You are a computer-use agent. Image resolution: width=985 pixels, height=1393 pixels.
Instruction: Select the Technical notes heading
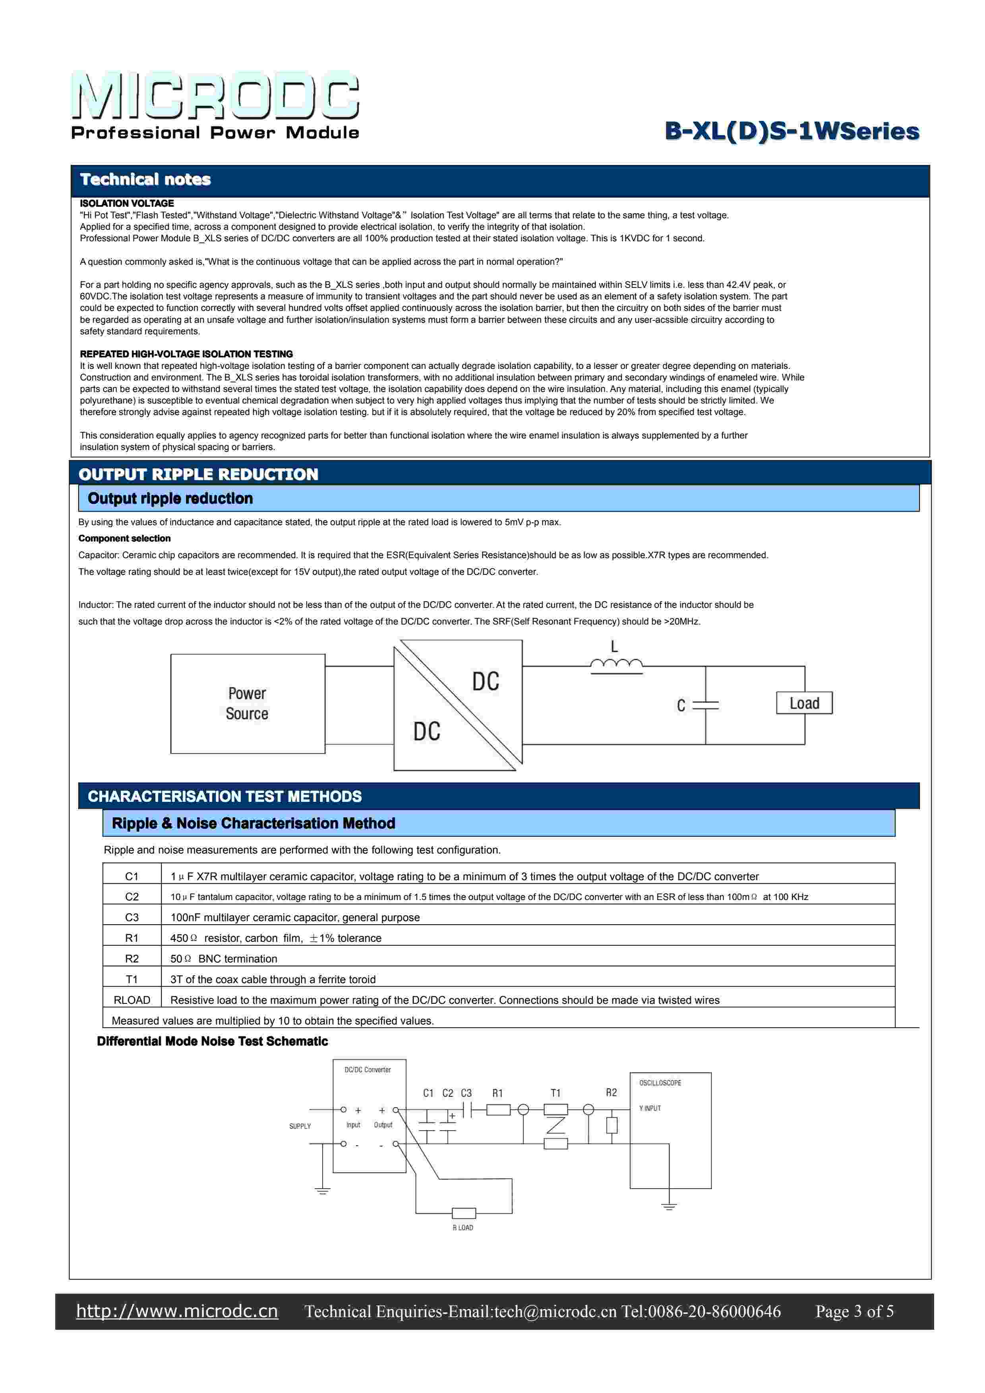(145, 180)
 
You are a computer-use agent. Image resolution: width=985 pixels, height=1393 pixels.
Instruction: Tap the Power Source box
(248, 703)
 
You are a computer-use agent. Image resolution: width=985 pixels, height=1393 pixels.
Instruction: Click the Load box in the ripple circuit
(804, 703)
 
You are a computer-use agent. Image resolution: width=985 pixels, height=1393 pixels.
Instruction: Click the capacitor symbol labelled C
(705, 705)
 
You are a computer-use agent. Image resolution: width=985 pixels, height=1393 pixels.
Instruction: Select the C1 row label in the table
(132, 876)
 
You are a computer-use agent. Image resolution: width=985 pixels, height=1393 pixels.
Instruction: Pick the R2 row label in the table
(132, 958)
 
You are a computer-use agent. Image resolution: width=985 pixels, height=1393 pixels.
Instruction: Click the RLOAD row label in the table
(132, 1000)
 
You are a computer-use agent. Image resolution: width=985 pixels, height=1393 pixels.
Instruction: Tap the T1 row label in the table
(132, 979)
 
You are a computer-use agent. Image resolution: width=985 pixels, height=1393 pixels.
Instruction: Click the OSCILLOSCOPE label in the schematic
(660, 1083)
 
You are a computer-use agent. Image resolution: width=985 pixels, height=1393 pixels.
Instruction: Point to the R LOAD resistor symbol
(464, 1213)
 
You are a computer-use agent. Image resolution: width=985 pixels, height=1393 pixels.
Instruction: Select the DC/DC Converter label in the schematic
(368, 1070)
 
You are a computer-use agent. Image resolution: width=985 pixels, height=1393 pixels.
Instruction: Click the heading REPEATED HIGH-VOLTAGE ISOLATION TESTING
(186, 354)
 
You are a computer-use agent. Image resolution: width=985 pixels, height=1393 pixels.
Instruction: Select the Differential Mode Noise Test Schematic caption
(212, 1042)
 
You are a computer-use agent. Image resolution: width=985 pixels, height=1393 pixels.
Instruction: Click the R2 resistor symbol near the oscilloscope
(612, 1125)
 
